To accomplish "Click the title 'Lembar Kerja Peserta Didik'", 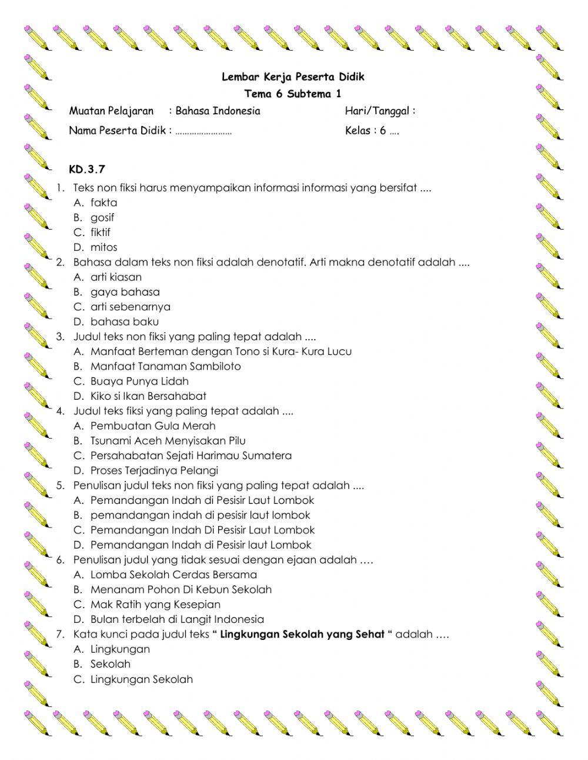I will (293, 77).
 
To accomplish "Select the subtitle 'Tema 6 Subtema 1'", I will (293, 94).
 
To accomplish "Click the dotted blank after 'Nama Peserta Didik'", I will (203, 132).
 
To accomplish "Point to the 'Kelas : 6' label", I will (365, 131).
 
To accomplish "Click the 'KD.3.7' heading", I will (87, 170).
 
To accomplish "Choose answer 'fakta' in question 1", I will (103, 203).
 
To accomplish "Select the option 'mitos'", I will (103, 247).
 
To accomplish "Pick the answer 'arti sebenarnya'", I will (130, 307).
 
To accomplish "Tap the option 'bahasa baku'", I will (124, 321).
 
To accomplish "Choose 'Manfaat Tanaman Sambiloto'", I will (165, 366).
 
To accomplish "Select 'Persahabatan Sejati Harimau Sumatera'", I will (191, 456).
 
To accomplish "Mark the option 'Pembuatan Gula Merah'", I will (153, 426).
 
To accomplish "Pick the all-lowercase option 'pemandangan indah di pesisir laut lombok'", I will (200, 515).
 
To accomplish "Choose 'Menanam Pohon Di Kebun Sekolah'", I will (181, 589).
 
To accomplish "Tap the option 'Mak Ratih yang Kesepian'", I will (155, 605).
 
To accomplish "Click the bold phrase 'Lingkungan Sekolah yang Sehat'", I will (302, 634).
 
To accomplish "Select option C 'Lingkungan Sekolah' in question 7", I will (141, 679).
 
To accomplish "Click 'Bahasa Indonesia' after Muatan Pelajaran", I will (218, 111).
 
